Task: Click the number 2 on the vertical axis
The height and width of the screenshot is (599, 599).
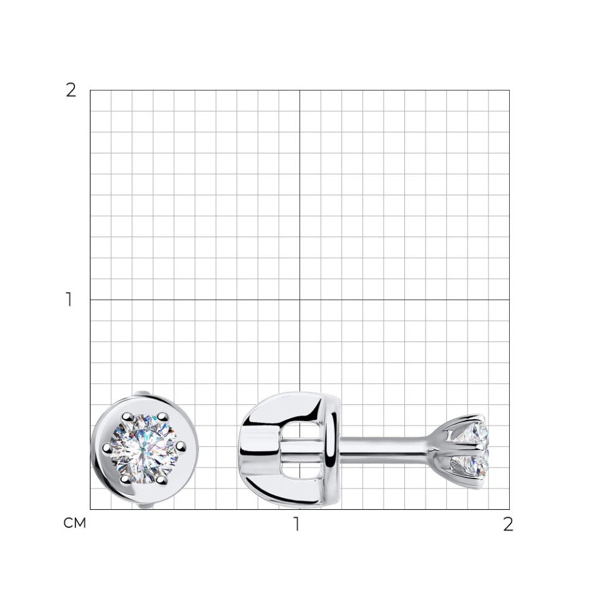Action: [x=71, y=90]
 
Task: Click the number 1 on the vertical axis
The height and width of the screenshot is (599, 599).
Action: [x=69, y=299]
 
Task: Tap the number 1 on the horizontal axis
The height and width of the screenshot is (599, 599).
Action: [x=296, y=524]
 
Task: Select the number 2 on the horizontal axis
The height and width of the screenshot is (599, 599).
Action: [x=508, y=524]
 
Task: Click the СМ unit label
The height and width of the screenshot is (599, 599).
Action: [x=75, y=523]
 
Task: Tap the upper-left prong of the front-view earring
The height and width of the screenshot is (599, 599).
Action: [x=126, y=417]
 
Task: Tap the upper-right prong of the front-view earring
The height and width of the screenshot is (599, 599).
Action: [x=163, y=416]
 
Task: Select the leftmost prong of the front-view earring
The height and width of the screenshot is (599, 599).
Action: [x=107, y=447]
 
